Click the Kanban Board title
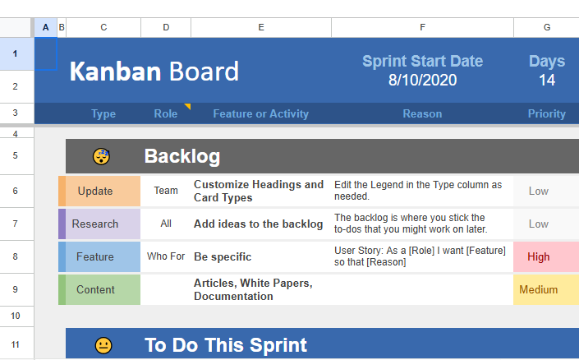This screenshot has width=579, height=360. [154, 72]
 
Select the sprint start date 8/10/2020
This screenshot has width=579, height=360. [422, 81]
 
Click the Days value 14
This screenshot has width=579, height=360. [547, 81]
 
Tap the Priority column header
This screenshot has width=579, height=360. [547, 114]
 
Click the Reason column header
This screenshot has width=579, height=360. [422, 114]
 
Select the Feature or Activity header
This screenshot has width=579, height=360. [260, 114]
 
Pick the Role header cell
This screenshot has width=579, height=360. [165, 114]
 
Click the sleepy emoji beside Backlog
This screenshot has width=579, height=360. [102, 156]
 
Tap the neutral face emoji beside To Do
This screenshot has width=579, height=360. [103, 345]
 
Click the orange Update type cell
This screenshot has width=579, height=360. [95, 191]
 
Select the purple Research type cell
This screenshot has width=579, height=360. [95, 224]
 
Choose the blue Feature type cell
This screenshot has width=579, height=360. [95, 256]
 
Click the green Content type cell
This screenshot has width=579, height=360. [95, 289]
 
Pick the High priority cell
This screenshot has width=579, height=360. [539, 256]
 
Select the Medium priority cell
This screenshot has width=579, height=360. [539, 289]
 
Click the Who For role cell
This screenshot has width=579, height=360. [166, 256]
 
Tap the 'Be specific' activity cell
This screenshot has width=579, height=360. [223, 256]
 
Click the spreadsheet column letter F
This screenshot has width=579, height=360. [422, 27]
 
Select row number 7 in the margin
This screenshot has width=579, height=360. [16, 224]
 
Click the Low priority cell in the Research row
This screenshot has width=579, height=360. [539, 224]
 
